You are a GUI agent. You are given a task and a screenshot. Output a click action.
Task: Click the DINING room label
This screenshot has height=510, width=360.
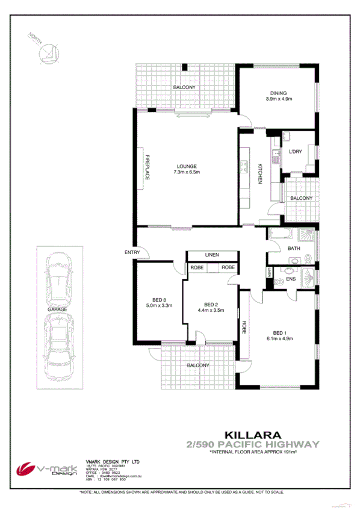point(278,93)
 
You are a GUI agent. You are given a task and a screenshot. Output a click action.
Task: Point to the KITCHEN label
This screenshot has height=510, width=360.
point(260,173)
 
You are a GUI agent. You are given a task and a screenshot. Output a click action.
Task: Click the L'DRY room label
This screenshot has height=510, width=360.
point(295,151)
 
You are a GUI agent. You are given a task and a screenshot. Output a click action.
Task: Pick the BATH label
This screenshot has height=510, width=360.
point(294,248)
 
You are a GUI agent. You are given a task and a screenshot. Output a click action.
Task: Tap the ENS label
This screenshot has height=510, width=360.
point(291,279)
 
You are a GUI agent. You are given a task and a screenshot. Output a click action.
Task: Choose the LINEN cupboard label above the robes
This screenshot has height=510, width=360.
point(211,255)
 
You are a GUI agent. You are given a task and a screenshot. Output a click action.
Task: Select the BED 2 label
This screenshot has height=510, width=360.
point(210,304)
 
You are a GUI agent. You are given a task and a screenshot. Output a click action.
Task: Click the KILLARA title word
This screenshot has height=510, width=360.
point(247,433)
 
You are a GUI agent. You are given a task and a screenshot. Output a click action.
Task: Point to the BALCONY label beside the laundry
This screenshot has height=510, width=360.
point(301,198)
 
